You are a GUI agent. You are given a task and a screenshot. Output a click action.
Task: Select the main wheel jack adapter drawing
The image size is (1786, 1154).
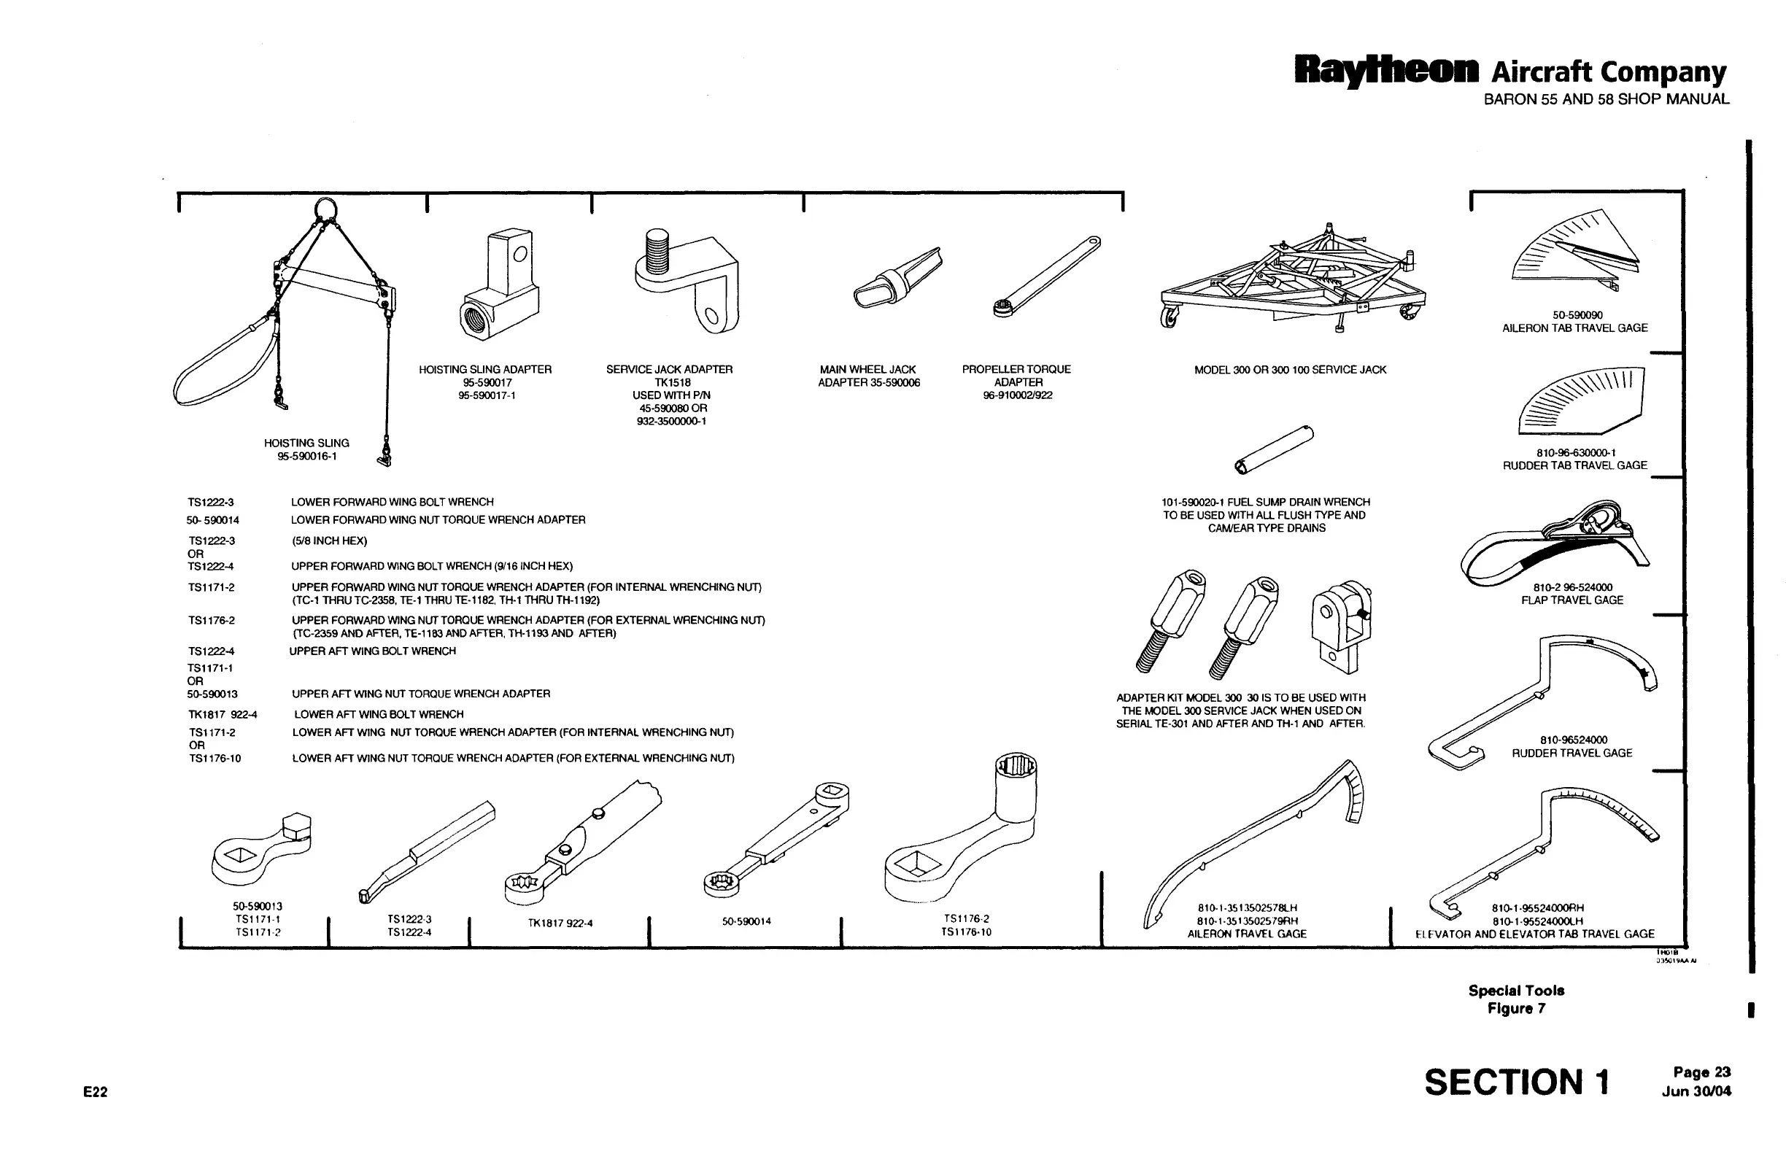pyautogui.click(x=897, y=277)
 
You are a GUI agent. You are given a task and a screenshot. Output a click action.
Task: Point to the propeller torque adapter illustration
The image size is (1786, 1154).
pyautogui.click(x=1047, y=276)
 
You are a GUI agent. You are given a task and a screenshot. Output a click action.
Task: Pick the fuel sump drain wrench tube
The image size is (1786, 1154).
pyautogui.click(x=1273, y=449)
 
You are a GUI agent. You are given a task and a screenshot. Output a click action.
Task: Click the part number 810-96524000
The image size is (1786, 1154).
pyautogui.click(x=1573, y=740)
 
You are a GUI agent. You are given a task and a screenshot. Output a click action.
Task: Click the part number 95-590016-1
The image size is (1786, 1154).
pyautogui.click(x=306, y=457)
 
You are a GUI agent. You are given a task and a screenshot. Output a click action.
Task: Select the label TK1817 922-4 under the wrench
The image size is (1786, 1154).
pyautogui.click(x=560, y=923)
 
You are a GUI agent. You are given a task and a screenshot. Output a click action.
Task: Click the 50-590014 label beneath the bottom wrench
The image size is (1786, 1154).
pyautogui.click(x=746, y=921)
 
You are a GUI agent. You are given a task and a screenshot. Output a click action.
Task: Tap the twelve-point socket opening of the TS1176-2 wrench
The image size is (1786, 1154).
pyautogui.click(x=1016, y=767)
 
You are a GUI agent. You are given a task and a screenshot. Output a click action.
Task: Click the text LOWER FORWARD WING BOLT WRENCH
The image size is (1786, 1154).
pyautogui.click(x=392, y=502)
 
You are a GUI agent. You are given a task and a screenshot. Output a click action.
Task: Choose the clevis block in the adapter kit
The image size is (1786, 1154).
pyautogui.click(x=1341, y=627)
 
